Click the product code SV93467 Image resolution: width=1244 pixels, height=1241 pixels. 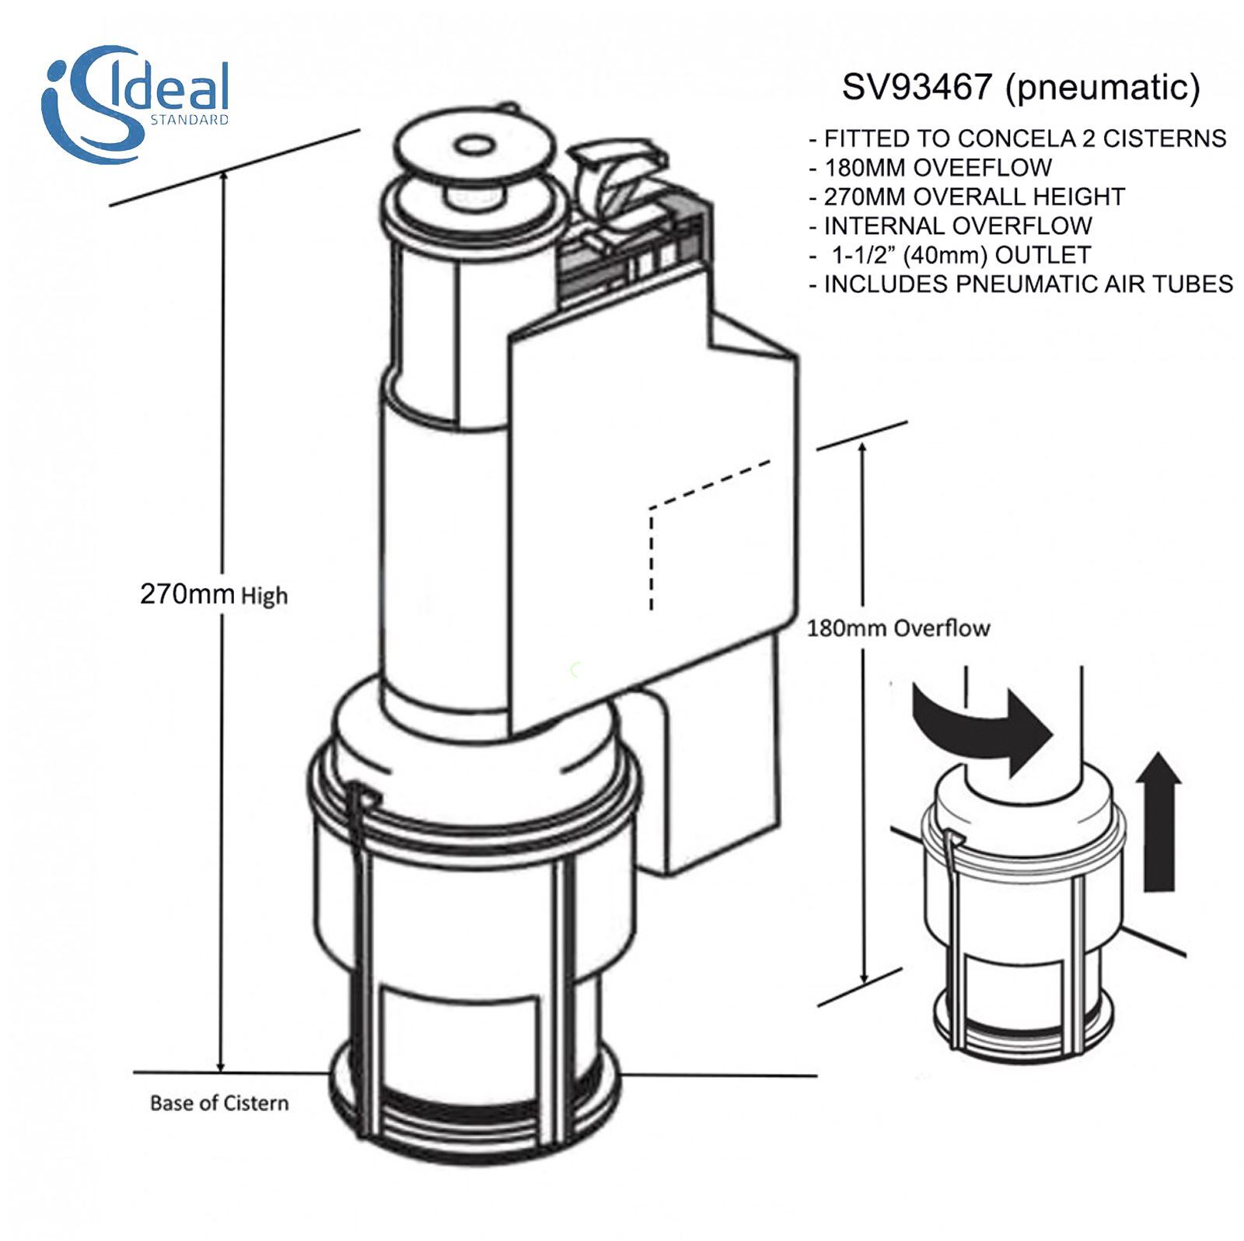point(917,87)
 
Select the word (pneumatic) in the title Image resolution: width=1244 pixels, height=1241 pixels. point(1102,87)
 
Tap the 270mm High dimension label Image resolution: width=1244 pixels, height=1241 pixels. point(213,595)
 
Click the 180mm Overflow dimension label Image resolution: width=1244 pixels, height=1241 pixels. point(898,627)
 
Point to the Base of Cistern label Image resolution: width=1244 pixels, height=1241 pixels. point(218,1103)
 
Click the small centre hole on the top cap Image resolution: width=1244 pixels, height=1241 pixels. point(472,145)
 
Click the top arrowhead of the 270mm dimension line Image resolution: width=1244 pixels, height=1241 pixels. point(225,178)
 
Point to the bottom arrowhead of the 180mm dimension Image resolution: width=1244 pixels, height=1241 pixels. point(863,978)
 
